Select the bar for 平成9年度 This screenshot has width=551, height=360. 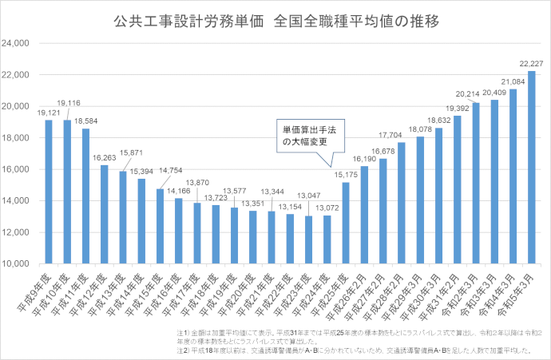pyautogui.click(x=49, y=192)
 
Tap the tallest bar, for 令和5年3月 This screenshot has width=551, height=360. pyautogui.click(x=531, y=168)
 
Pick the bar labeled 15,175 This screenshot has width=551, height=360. pyautogui.click(x=346, y=224)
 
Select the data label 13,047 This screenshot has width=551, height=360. pyautogui.click(x=309, y=196)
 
